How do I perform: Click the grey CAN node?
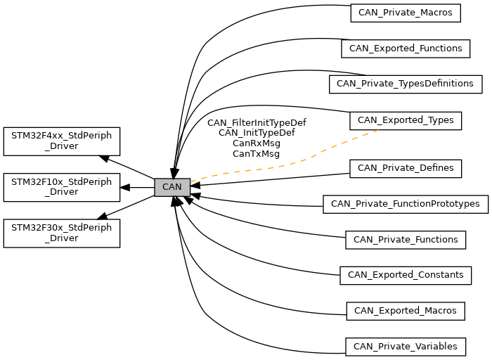pyautogui.click(x=172, y=187)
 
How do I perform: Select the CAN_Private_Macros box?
pyautogui.click(x=406, y=13)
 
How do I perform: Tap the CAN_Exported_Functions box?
pyautogui.click(x=406, y=49)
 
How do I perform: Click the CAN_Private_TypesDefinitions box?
pyautogui.click(x=406, y=84)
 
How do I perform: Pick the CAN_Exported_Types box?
pyautogui.click(x=406, y=120)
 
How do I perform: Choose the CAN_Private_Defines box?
pyautogui.click(x=406, y=169)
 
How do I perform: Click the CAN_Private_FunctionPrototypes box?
pyautogui.click(x=406, y=205)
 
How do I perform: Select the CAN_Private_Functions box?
pyautogui.click(x=406, y=240)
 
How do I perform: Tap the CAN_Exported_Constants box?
pyautogui.click(x=406, y=276)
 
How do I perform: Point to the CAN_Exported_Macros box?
pyautogui.click(x=406, y=311)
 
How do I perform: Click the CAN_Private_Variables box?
pyautogui.click(x=406, y=347)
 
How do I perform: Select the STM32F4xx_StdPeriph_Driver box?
pyautogui.click(x=62, y=141)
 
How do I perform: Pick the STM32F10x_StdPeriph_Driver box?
pyautogui.click(x=62, y=187)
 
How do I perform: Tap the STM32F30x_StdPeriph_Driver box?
pyautogui.click(x=62, y=233)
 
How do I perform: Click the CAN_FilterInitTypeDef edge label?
pyautogui.click(x=257, y=122)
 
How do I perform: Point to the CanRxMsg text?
pyautogui.click(x=257, y=143)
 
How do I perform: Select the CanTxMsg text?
pyautogui.click(x=256, y=154)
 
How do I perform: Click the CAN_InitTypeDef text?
pyautogui.click(x=257, y=133)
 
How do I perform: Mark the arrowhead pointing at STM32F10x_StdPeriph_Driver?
pyautogui.click(x=125, y=187)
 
